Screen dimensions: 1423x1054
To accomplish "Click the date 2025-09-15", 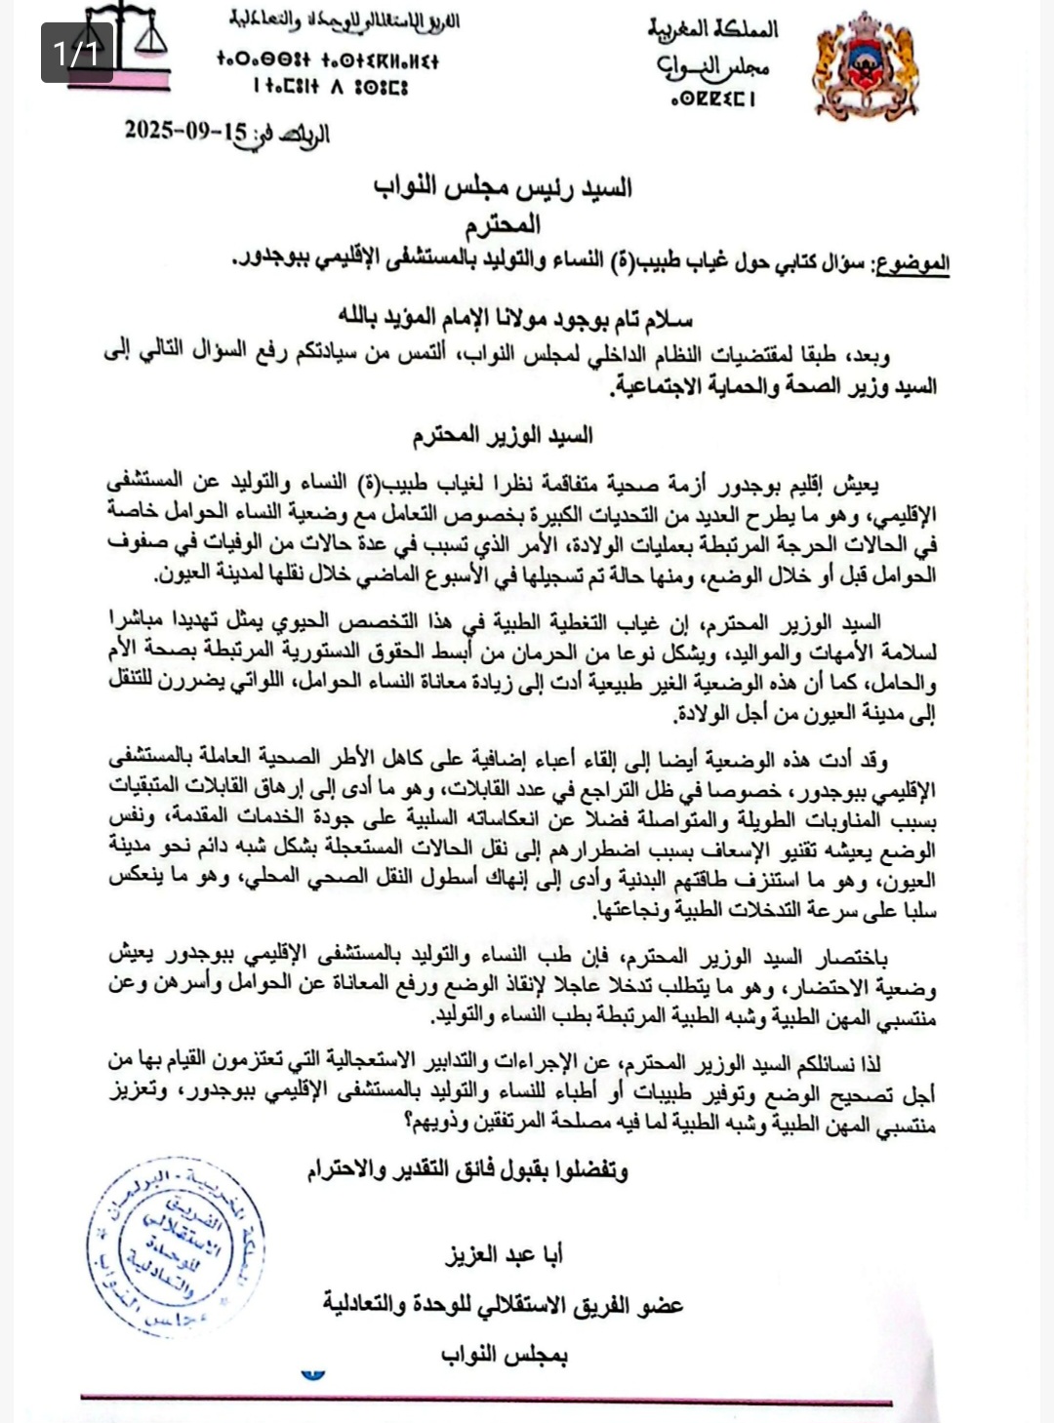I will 185,131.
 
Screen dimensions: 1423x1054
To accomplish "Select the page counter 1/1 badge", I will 77,52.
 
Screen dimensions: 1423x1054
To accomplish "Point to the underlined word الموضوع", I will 912,263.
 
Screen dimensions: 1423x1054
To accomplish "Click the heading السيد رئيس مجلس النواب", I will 503,187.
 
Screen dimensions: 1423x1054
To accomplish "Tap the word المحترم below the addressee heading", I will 503,225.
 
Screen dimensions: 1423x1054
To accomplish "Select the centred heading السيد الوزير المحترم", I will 503,435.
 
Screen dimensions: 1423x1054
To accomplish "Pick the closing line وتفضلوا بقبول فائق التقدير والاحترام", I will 467,1170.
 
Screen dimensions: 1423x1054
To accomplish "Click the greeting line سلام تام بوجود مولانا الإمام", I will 515,318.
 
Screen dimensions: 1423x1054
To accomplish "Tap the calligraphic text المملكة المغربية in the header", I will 713,28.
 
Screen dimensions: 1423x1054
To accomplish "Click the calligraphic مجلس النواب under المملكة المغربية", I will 713,66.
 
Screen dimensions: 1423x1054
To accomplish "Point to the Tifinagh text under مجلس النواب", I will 713,99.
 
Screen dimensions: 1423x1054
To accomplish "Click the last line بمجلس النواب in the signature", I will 504,1355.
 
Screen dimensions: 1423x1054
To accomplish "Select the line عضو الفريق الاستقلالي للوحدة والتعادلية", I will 504,1305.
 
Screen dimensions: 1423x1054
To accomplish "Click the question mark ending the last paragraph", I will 407,1124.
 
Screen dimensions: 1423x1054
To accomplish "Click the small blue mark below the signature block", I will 312,1375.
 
